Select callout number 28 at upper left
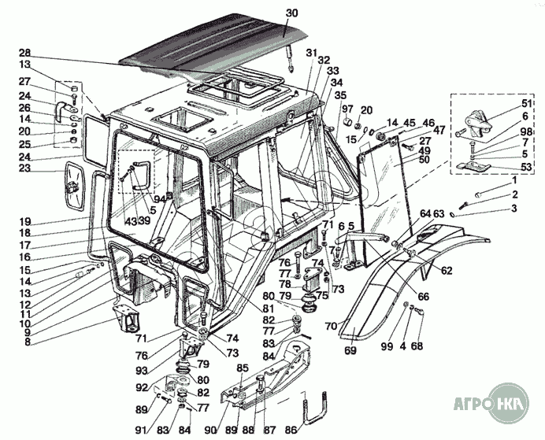pos(24,53)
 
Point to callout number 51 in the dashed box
pos(505,104)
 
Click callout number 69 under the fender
pos(350,350)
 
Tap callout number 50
pos(425,160)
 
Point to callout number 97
pos(348,109)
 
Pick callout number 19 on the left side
pos(24,221)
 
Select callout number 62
pos(447,271)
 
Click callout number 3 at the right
pos(513,209)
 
